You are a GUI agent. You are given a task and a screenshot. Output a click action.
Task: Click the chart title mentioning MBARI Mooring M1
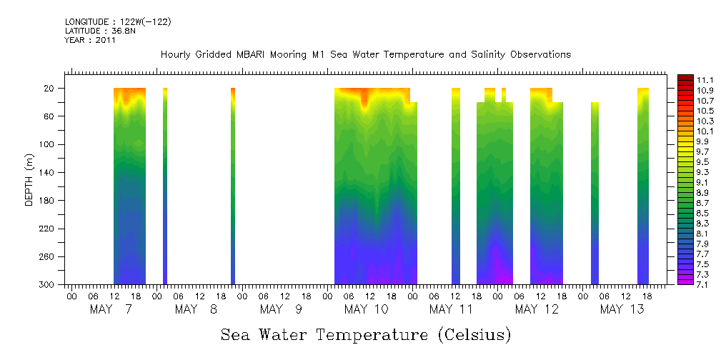365,55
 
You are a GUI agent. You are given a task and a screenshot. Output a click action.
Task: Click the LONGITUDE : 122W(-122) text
118,22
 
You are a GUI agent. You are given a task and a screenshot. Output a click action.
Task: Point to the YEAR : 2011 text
90,40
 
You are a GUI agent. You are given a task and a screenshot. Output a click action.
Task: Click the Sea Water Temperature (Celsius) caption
366,335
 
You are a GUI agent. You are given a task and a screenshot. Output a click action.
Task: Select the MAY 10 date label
366,309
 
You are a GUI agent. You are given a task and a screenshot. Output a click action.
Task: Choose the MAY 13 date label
622,309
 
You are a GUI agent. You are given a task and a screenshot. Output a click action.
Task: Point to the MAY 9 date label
281,309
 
